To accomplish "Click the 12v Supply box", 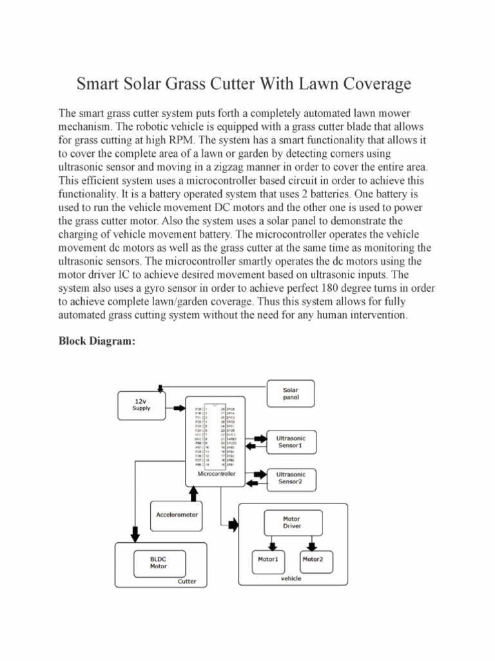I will point(141,405).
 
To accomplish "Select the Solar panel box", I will point(291,394).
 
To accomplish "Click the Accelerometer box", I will point(177,514).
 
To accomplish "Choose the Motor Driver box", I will point(291,522).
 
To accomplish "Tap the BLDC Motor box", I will point(159,563).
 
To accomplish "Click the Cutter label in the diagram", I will point(187,582).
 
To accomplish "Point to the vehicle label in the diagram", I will point(291,578).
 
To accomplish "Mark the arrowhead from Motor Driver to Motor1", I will point(267,545).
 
